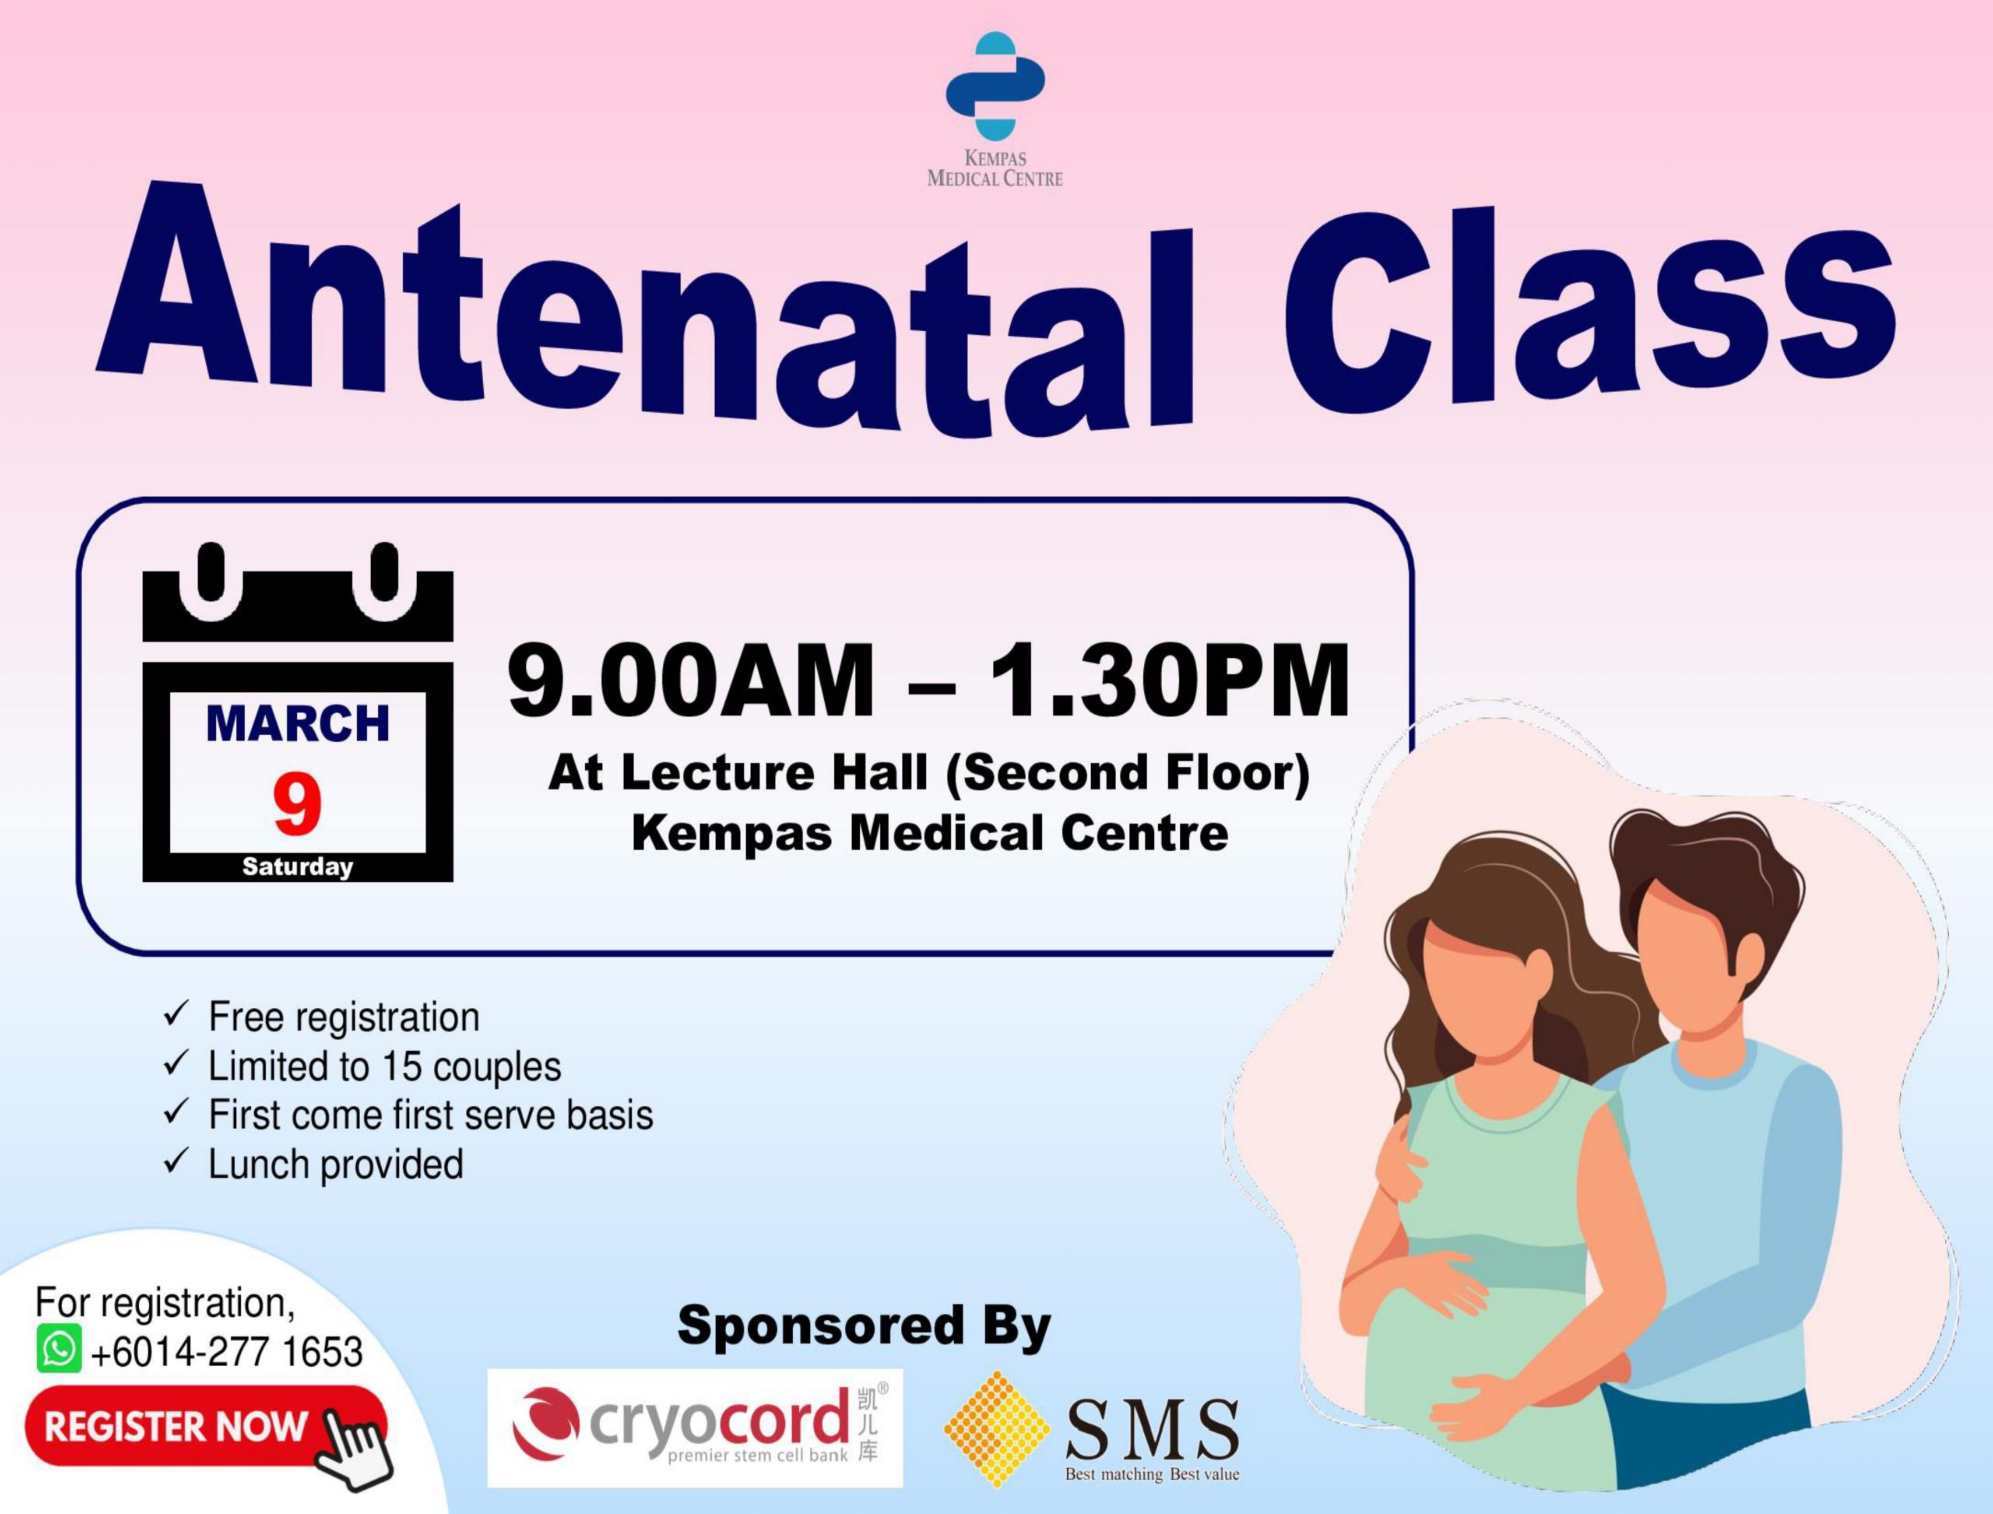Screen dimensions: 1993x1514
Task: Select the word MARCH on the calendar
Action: point(297,723)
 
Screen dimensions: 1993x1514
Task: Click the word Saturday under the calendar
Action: point(297,867)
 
